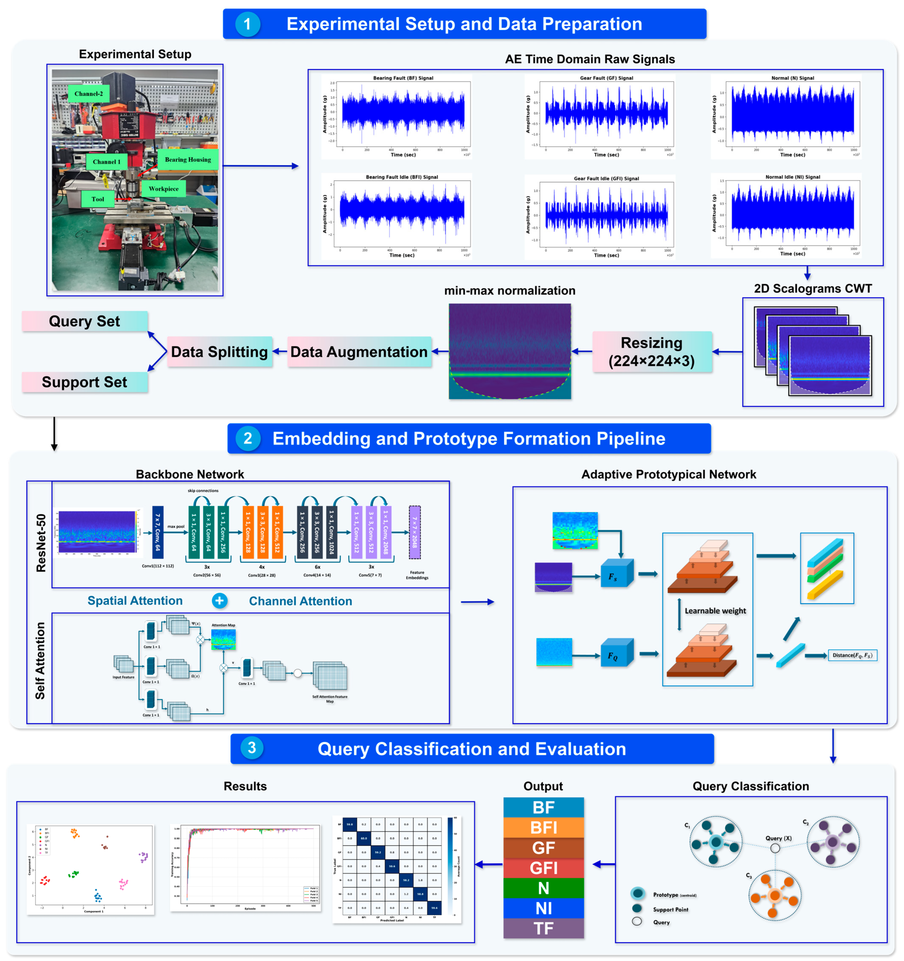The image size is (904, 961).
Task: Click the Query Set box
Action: tap(85, 322)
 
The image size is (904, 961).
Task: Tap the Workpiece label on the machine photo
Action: tap(163, 188)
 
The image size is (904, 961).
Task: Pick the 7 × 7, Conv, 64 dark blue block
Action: tap(158, 532)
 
